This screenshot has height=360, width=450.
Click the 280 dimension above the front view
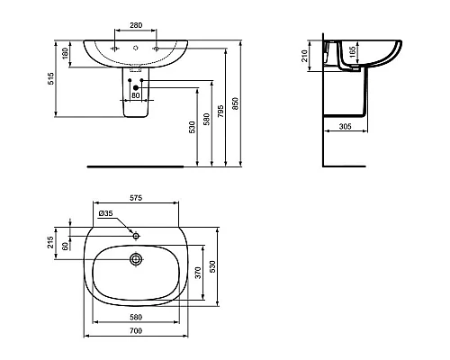136,27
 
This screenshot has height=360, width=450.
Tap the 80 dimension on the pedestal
136,93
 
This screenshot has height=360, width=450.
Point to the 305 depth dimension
344,128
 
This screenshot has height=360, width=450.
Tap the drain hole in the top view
136,258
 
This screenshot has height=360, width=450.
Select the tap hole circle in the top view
136,234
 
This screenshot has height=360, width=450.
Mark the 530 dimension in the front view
193,127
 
